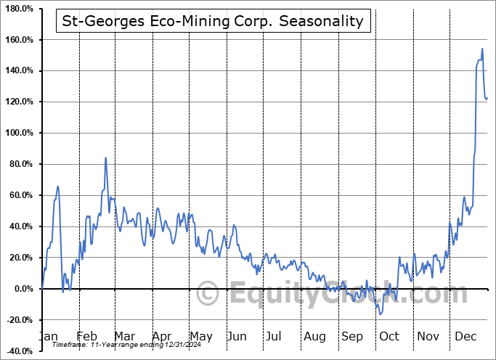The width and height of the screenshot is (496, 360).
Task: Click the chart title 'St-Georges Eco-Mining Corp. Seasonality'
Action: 213,20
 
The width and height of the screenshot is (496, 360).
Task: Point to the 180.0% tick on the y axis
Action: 20,8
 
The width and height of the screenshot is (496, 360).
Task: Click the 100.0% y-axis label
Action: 20,133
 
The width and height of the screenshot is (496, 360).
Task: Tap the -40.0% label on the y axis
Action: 20,351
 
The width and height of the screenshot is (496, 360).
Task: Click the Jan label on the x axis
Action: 48,337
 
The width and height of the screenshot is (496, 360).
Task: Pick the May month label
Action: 200,337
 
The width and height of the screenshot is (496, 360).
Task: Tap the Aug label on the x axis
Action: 314,337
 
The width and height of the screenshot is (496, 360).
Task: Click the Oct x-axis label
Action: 389,337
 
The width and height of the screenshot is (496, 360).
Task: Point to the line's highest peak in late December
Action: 482,49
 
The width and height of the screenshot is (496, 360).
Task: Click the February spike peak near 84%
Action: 106,157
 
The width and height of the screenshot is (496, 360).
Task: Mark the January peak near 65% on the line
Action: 58,187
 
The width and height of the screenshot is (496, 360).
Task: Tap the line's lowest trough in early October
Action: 381,314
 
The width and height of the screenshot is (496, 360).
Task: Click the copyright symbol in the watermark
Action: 208,295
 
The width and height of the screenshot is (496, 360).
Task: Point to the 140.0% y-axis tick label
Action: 20,70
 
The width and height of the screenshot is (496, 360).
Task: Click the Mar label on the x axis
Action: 124,337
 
